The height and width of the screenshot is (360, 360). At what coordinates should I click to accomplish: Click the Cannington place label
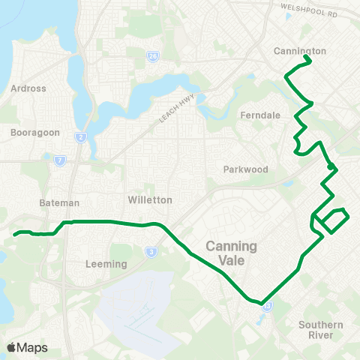tap(299, 51)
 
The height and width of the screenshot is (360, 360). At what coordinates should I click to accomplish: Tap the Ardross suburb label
tap(28, 88)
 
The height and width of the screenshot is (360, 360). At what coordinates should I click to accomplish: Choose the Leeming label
tap(106, 264)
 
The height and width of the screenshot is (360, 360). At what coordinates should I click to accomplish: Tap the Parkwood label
tap(245, 169)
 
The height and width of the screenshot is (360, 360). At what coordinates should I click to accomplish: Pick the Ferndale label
tap(259, 115)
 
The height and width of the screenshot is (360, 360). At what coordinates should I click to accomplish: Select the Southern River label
tap(320, 329)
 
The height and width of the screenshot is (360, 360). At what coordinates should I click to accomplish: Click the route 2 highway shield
tap(80, 137)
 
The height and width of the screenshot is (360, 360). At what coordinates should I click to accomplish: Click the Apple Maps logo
tap(27, 347)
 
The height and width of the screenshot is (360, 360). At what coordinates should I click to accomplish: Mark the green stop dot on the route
tap(330, 166)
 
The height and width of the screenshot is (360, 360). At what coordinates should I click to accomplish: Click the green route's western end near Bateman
tap(15, 234)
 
